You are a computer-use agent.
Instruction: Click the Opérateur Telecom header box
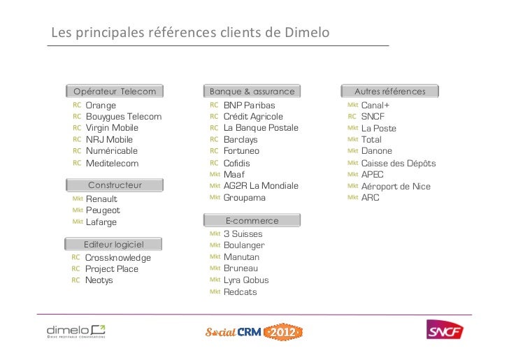click(115, 92)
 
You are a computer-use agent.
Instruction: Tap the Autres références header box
click(389, 92)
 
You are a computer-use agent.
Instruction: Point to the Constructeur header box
click(115, 185)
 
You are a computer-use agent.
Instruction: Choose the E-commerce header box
click(252, 221)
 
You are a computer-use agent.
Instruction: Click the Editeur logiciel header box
click(113, 245)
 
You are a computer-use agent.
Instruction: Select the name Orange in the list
click(101, 106)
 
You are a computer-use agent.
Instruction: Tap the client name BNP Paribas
click(249, 106)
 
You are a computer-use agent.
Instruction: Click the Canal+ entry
click(375, 106)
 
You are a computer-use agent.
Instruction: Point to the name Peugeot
click(103, 210)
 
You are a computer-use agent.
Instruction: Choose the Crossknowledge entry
click(117, 258)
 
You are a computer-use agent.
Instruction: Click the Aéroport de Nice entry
click(396, 187)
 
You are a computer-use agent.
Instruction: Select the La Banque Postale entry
click(261, 129)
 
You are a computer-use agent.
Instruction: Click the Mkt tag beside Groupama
click(215, 198)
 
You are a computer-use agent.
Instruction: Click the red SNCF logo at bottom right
click(445, 329)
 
